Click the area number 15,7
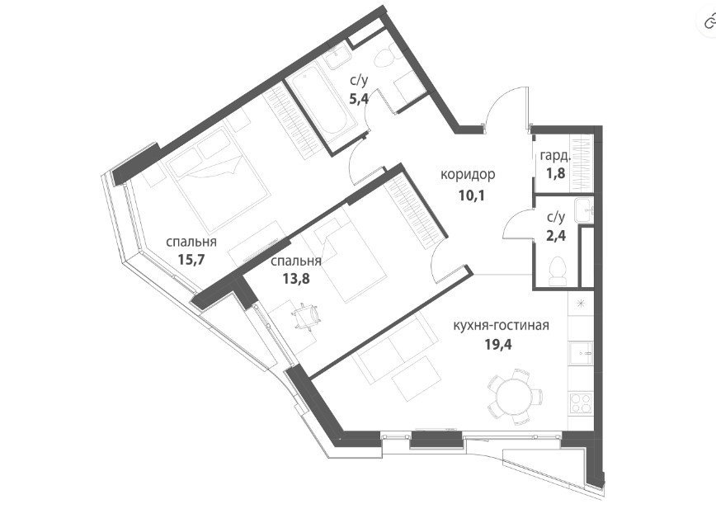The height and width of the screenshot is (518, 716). [191, 261]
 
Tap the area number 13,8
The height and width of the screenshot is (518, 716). [296, 278]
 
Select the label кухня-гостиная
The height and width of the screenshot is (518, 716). [501, 326]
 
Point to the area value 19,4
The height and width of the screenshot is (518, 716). [498, 343]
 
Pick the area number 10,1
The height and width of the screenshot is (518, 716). [471, 195]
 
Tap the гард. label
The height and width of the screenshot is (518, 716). [554, 156]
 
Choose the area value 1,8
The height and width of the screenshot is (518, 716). [555, 173]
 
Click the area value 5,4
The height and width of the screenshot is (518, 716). [359, 99]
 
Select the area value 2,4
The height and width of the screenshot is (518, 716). [556, 235]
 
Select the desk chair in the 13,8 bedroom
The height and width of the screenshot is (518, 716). [306, 316]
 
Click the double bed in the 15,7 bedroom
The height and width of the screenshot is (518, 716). [215, 180]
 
